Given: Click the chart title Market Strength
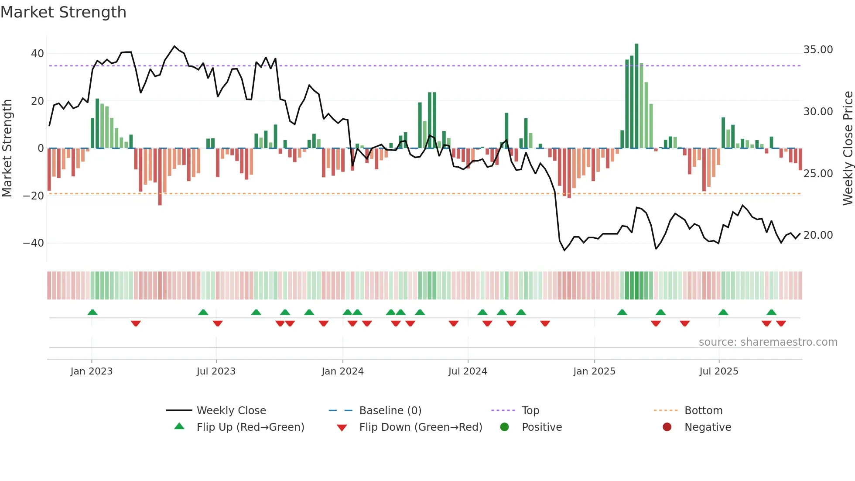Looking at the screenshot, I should coord(63,12).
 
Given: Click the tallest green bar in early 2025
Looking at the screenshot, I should coord(636,96).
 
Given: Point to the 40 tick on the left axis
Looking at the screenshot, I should coord(38,54).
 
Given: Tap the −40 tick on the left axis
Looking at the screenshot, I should coord(34,243).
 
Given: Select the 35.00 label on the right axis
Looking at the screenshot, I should coord(818,50).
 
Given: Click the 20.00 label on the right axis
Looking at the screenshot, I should coord(818,235).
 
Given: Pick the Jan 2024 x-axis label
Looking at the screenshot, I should coord(342,371).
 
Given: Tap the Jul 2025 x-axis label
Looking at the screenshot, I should coord(718,371).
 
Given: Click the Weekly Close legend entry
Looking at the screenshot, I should coord(231,411).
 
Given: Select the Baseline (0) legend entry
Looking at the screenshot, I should coord(390,411).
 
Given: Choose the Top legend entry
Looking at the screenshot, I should coord(530,411).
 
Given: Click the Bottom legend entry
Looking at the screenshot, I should coord(703,411).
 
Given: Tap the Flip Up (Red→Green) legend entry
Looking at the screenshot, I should coord(250,427).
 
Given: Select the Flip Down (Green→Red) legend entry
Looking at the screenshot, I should coord(421,427).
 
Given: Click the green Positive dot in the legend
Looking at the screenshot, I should coord(505,427).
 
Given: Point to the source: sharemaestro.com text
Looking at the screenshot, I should coord(768,342).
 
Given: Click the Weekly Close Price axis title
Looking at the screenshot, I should coord(848,148).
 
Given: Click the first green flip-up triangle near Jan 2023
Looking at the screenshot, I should coord(92,313).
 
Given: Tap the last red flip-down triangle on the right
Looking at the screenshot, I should coord(781,323).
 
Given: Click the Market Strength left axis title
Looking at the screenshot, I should coord(7,148).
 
